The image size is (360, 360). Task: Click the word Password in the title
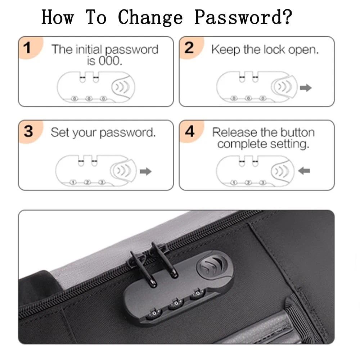click(243, 17)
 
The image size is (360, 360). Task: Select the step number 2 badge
click(191, 48)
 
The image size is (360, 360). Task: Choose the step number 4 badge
click(191, 131)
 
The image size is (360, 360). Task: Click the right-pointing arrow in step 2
click(306, 87)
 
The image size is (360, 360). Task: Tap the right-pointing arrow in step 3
click(145, 171)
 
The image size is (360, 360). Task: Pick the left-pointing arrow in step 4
click(304, 171)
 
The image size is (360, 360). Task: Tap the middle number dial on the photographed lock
click(176, 303)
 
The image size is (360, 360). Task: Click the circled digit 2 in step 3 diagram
click(87, 183)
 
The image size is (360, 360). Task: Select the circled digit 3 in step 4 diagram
click(263, 183)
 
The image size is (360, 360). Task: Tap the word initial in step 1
click(89, 49)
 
